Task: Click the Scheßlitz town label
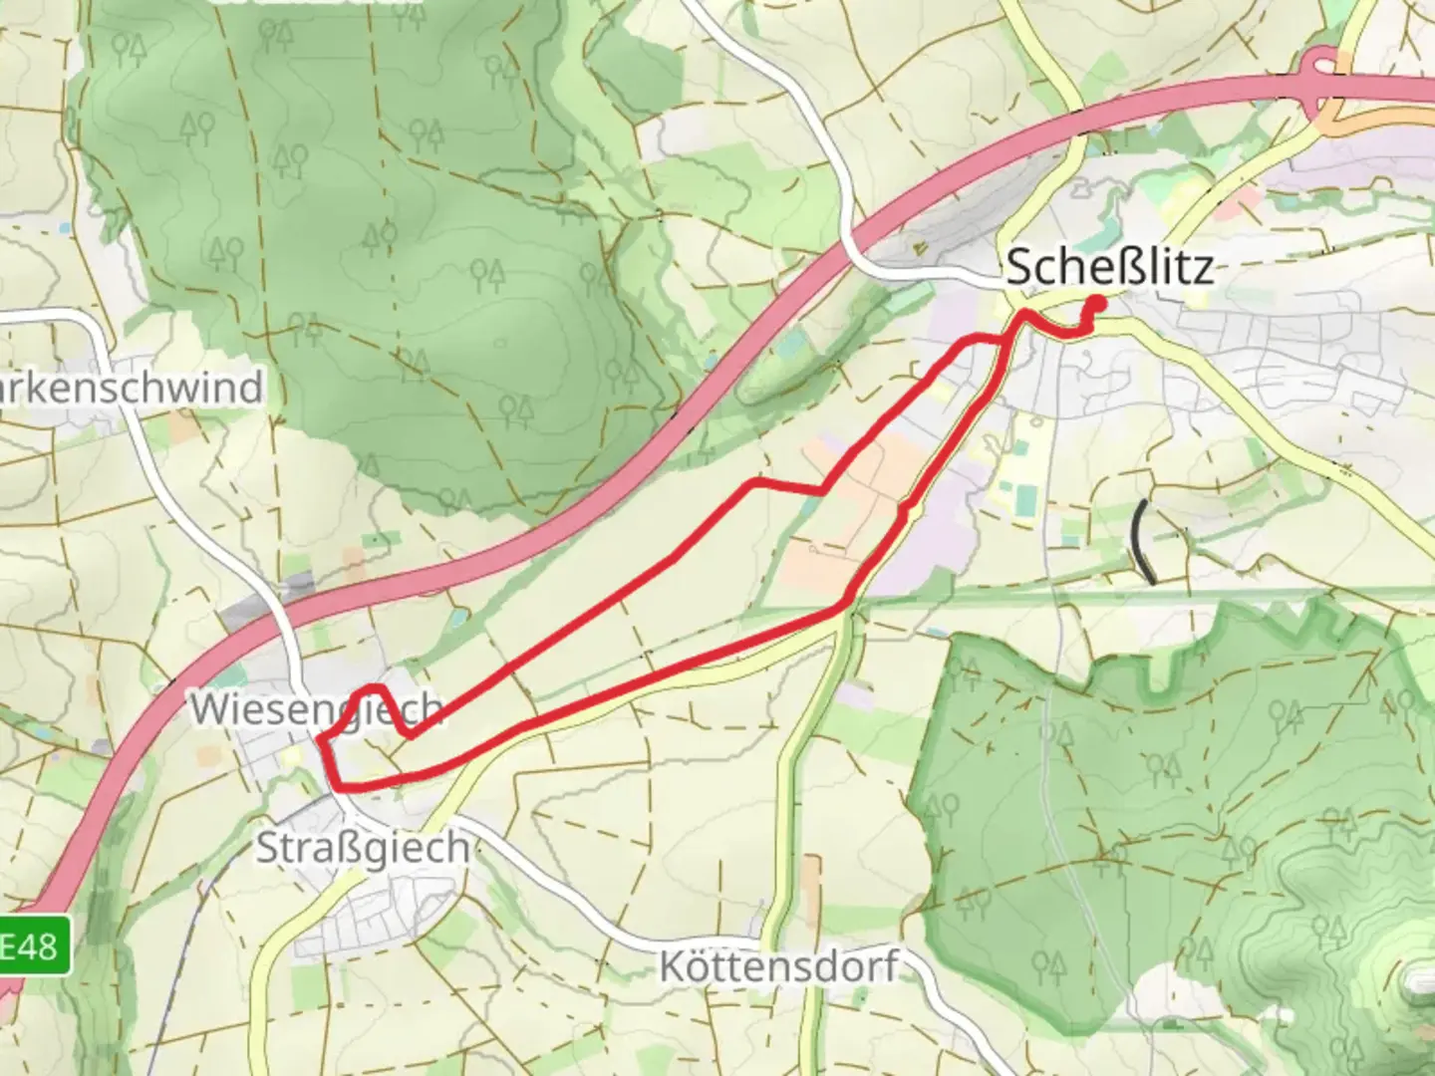[1109, 268]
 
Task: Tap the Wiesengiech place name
[316, 709]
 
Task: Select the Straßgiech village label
[363, 848]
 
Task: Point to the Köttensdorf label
[778, 966]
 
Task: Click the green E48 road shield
[34, 944]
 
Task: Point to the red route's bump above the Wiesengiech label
[373, 688]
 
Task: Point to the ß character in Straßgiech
[349, 848]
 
